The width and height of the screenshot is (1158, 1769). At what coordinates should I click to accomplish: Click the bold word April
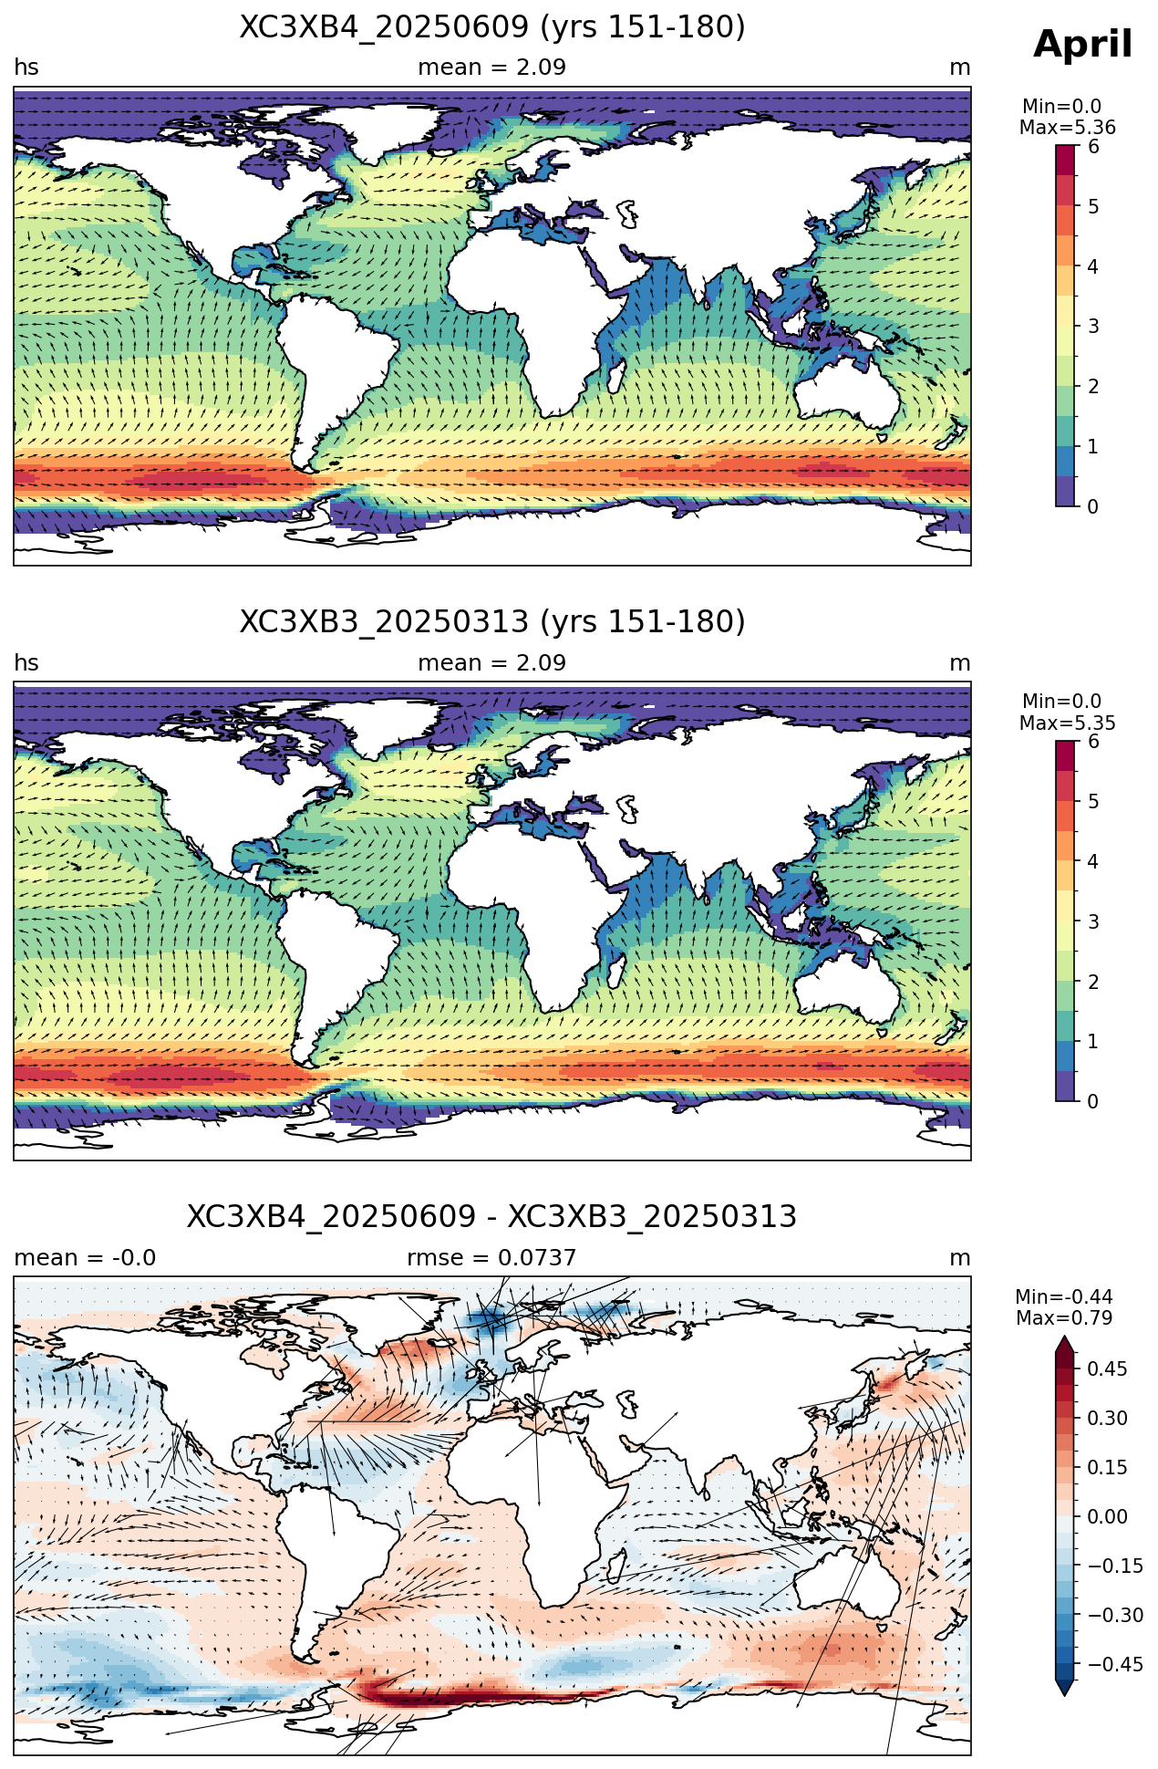pos(1083,46)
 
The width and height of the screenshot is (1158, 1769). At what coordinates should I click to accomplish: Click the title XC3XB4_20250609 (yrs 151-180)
pos(492,27)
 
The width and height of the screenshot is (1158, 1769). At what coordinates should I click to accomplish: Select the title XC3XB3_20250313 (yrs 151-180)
pos(492,622)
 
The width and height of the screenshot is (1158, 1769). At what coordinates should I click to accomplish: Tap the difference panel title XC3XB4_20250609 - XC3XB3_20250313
pos(492,1217)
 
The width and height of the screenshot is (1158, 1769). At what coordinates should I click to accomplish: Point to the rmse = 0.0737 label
pos(491,1258)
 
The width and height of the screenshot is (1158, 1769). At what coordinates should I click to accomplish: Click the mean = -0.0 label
pos(85,1258)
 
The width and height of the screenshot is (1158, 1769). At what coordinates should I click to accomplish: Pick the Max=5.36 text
pos(1067,128)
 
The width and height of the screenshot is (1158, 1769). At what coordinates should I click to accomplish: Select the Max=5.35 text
pos(1067,723)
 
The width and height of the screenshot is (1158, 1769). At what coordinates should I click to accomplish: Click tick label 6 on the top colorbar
pos(1093,147)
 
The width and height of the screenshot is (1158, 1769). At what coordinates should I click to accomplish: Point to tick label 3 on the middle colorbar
pos(1093,921)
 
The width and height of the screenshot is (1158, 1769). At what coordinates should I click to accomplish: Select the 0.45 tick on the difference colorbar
pos(1107,1368)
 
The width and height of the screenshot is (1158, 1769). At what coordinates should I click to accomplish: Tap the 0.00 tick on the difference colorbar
pos(1107,1516)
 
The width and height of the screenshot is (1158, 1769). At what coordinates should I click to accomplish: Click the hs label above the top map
pos(26,68)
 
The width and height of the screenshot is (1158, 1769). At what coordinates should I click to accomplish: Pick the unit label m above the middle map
pos(960,663)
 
